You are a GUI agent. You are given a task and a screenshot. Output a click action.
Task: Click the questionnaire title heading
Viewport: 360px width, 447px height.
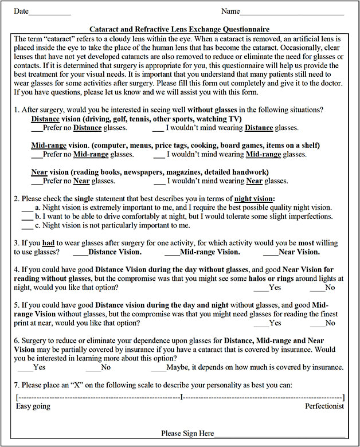pos(179,29)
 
